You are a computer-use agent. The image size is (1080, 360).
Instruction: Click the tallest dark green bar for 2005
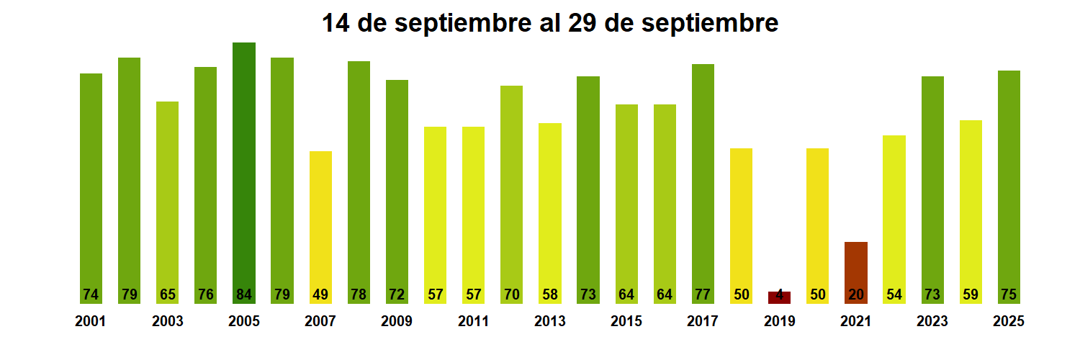(x=244, y=166)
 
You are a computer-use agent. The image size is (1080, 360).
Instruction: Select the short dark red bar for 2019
(x=779, y=297)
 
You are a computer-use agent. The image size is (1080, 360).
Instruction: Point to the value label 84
(x=244, y=294)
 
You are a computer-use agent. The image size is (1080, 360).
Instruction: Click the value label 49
(x=320, y=294)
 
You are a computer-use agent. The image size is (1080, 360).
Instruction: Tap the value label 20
(x=855, y=294)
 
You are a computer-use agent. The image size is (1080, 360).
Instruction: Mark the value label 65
(x=167, y=294)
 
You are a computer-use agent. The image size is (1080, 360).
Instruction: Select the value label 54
(x=894, y=294)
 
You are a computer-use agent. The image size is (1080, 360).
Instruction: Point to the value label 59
(x=971, y=294)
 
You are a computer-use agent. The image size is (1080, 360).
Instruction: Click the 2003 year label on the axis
(x=167, y=322)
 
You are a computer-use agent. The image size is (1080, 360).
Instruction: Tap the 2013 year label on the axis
(x=549, y=322)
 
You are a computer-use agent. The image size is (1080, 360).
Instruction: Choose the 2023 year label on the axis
(x=932, y=322)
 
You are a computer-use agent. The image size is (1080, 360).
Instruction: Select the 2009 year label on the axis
(x=397, y=322)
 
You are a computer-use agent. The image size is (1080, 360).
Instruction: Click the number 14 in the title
(x=336, y=23)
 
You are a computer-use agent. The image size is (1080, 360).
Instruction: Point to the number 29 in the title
(x=582, y=23)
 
